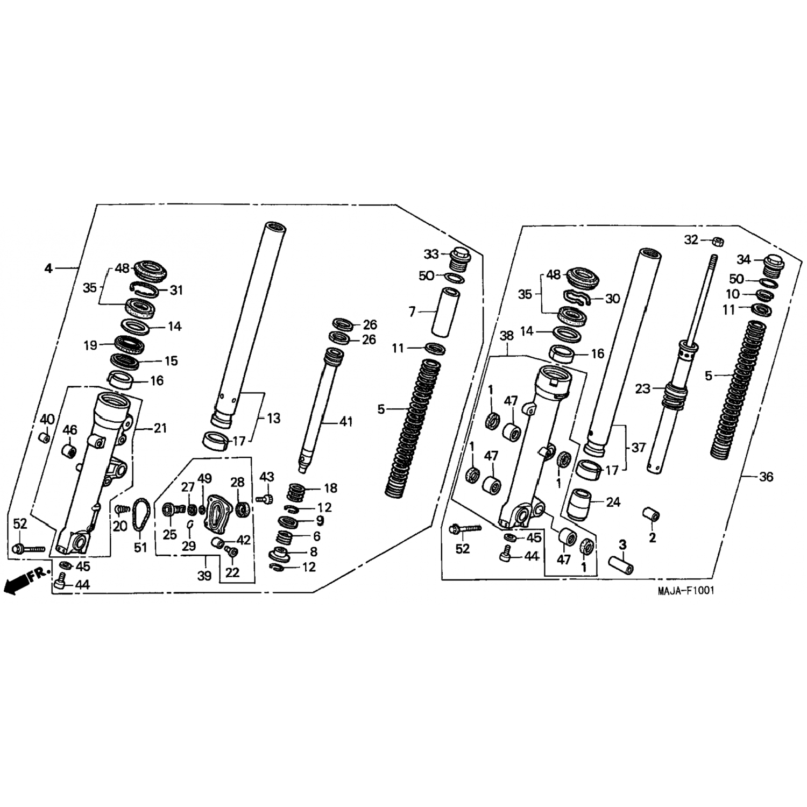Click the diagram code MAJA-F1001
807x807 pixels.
pyautogui.click(x=686, y=591)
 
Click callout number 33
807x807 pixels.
pyautogui.click(x=431, y=254)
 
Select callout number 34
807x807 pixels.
pyautogui.click(x=744, y=260)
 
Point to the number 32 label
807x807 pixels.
pyautogui.click(x=691, y=240)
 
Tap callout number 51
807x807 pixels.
pyautogui.click(x=140, y=547)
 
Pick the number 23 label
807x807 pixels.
pyautogui.click(x=643, y=388)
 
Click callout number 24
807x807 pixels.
pyautogui.click(x=613, y=502)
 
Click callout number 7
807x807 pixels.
pyautogui.click(x=412, y=312)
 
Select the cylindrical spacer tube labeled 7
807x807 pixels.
pyautogui.click(x=449, y=311)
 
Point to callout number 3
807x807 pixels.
pyautogui.click(x=622, y=545)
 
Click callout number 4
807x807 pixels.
pyautogui.click(x=49, y=267)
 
